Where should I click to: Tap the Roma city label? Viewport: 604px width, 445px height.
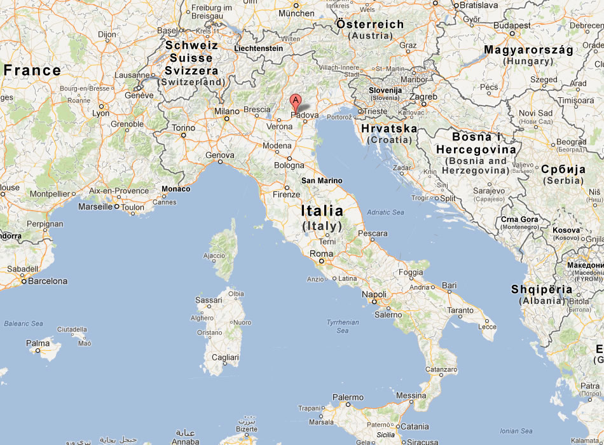320,254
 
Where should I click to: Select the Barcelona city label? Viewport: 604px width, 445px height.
48,281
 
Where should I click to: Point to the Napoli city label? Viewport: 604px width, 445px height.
374,294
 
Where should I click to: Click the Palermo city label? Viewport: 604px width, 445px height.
347,397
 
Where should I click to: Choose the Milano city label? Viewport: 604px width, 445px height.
227,111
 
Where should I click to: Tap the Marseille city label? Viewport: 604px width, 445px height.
95,207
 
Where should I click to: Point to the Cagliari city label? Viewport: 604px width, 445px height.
225,358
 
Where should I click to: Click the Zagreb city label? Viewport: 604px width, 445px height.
424,97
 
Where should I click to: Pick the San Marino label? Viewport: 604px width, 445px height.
322,181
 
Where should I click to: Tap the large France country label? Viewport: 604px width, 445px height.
32,70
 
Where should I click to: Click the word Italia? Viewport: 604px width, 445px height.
322,210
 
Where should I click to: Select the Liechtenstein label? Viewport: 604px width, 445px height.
259,48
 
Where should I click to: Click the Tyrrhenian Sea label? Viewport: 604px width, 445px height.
343,326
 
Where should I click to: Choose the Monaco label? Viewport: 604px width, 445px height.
175,189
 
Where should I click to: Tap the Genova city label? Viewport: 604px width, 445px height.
220,155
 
